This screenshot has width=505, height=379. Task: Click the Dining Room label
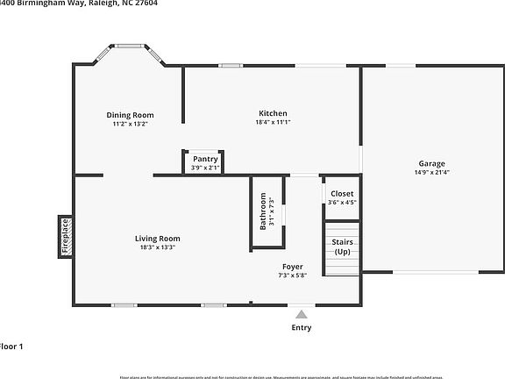130,115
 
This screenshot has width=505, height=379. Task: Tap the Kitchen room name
273,113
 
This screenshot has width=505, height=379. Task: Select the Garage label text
430,163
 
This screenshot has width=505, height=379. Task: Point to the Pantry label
205,159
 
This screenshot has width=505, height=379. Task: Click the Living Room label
157,239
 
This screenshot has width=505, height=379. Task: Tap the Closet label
342,193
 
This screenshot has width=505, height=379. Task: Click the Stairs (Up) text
342,246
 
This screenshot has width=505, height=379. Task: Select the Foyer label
293,267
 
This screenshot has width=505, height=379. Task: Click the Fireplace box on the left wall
64,236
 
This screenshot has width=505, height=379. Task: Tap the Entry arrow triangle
302,313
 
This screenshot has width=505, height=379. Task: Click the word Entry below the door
302,327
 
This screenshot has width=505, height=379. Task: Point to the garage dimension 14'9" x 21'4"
430,172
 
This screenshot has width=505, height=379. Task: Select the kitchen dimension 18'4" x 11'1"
273,123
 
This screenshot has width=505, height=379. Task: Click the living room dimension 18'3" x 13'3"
157,247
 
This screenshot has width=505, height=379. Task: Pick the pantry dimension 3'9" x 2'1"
205,167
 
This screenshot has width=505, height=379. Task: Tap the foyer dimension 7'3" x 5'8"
293,275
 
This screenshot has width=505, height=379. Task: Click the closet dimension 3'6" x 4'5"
342,202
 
